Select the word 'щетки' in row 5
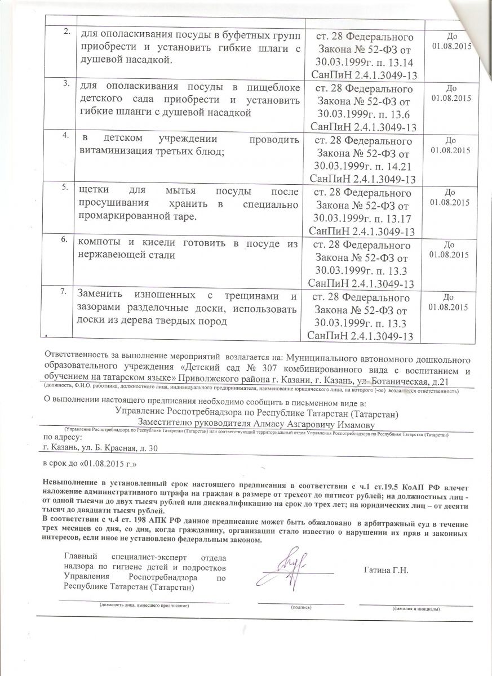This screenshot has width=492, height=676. click(x=95, y=191)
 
